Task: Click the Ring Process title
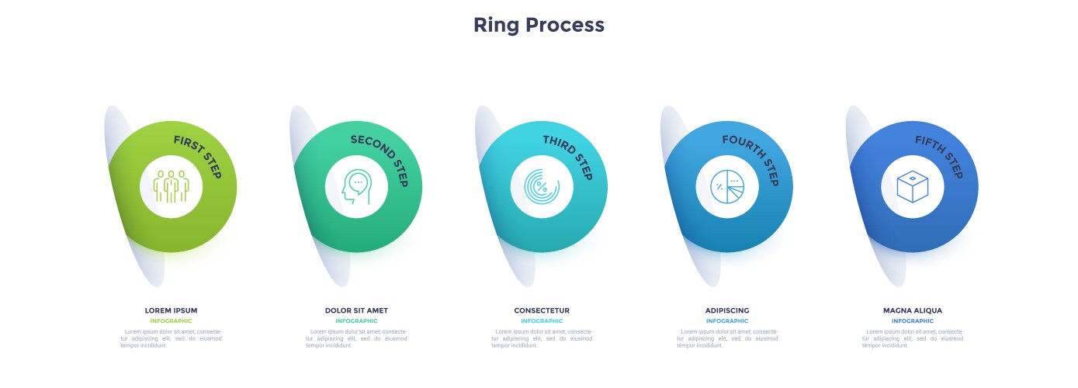point(539,25)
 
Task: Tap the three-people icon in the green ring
point(171,187)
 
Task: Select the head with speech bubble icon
point(356,187)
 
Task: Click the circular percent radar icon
point(542,187)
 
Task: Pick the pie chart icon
point(727,187)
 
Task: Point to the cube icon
point(913,187)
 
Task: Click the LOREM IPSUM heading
point(171,310)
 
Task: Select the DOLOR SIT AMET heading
point(356,310)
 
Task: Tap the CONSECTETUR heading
point(542,310)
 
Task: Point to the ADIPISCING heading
point(727,310)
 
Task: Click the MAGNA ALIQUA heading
point(913,310)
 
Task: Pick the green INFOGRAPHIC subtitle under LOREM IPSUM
point(171,321)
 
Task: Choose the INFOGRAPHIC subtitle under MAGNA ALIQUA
point(913,321)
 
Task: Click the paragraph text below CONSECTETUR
point(542,338)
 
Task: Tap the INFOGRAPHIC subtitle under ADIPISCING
point(727,321)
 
